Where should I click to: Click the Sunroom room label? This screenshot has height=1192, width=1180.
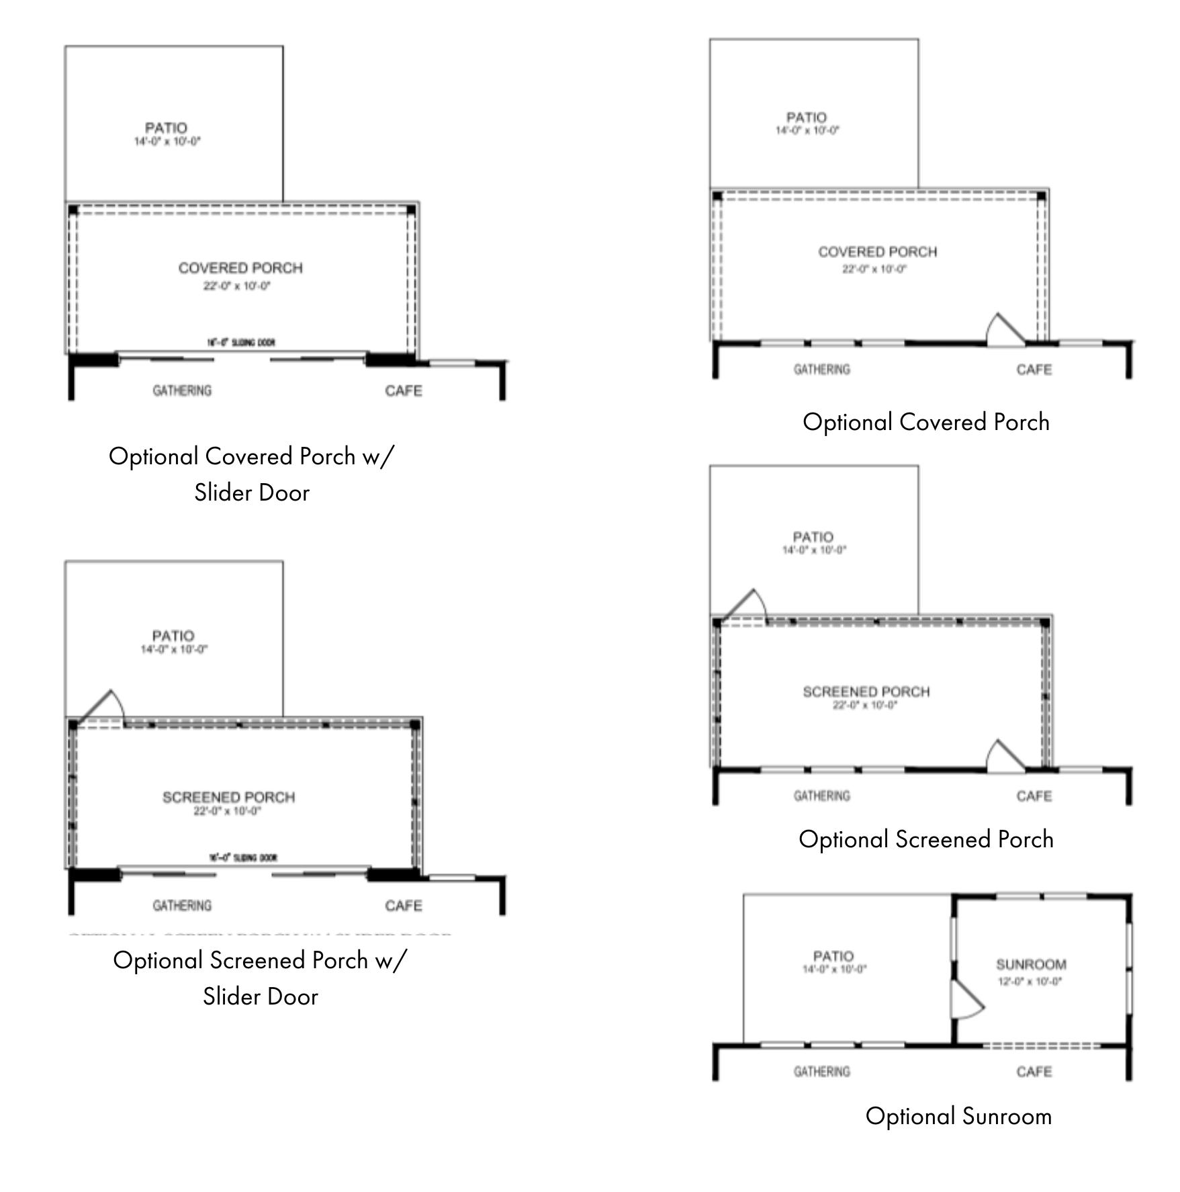[1031, 964]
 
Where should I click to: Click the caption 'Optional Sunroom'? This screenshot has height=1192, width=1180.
[958, 1116]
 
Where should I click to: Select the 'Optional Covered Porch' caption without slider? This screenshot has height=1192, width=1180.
[925, 422]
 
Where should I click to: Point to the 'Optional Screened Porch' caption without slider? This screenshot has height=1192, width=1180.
[925, 839]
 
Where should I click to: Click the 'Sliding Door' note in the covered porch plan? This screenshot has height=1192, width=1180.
[240, 343]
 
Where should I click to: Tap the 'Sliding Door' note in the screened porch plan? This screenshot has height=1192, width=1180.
[242, 858]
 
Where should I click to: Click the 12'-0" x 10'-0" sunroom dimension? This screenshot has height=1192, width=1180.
[1030, 981]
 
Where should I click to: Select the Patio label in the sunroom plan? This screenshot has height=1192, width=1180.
[833, 955]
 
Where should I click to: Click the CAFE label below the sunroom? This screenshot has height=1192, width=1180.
[1034, 1072]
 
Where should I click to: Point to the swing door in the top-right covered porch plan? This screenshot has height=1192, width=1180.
[1005, 331]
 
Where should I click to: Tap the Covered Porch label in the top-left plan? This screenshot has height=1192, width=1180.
[240, 268]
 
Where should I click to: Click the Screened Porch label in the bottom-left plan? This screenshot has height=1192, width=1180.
[228, 797]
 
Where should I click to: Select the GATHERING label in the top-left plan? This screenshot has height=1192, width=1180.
[182, 390]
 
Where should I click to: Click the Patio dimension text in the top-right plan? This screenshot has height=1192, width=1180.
[807, 130]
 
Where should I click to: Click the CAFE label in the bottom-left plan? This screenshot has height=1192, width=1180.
[404, 906]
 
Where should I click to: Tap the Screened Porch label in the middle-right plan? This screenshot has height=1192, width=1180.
[866, 691]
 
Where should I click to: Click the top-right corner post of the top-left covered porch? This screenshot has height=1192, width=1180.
[411, 210]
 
